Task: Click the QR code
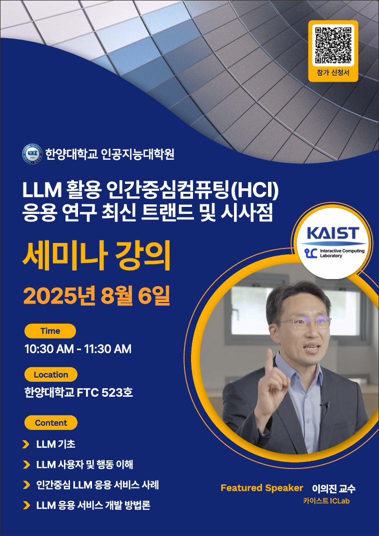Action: tap(333, 45)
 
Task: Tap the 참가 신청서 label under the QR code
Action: tap(333, 73)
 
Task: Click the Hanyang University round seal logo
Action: tap(32, 154)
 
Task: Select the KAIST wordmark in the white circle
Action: tap(332, 233)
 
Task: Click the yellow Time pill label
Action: tap(50, 331)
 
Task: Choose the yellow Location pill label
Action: tap(51, 375)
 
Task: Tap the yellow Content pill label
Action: tap(51, 423)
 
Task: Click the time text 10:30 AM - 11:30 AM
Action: tap(78, 349)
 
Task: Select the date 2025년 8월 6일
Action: tap(96, 296)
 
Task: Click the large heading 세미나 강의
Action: tap(96, 256)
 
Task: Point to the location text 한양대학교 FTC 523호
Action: tap(79, 392)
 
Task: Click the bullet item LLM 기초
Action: tap(55, 444)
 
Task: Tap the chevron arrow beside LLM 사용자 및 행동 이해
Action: tap(26, 465)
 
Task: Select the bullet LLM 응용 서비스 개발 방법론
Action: tap(93, 505)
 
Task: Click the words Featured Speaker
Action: tap(261, 488)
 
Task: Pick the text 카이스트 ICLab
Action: tap(326, 501)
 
